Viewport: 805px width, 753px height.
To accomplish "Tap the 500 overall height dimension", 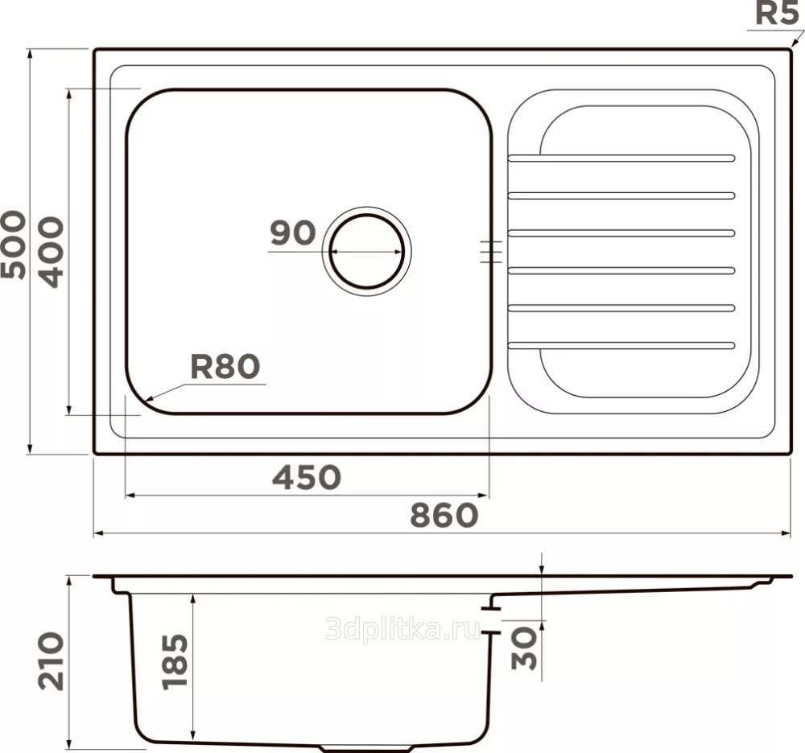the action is (x=14, y=245).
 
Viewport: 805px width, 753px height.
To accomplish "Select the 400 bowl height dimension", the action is (x=52, y=252).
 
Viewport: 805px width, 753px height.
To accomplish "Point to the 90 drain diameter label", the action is (x=293, y=232).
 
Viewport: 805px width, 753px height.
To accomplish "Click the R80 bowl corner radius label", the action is (x=225, y=367).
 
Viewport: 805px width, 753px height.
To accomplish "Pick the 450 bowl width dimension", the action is (x=307, y=477).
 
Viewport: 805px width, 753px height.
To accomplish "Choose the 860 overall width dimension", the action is (x=444, y=515).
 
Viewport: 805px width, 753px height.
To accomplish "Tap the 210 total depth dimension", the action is (x=52, y=661).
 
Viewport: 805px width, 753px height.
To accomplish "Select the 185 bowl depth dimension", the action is (x=175, y=662).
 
